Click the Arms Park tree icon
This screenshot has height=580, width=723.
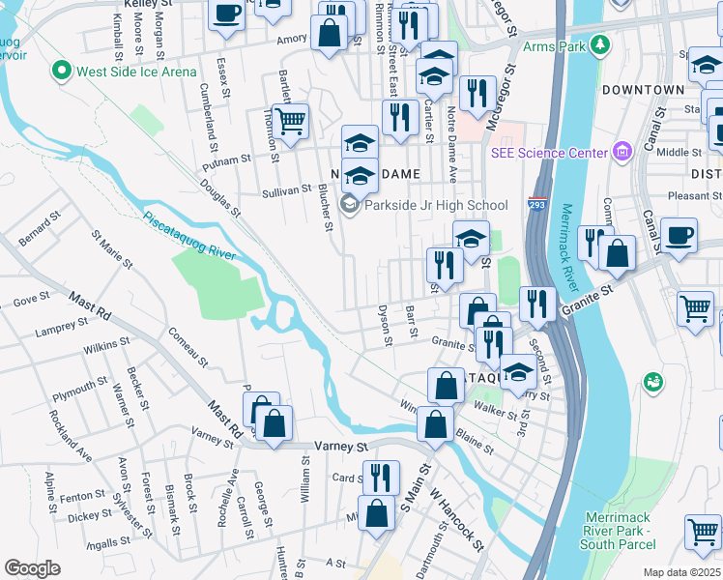click(600, 44)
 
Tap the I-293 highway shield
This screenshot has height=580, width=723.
click(536, 204)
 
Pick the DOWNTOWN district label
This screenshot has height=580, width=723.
click(643, 90)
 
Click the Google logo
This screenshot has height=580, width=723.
click(32, 568)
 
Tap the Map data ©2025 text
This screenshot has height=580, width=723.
click(680, 572)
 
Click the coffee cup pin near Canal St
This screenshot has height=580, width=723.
click(679, 235)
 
